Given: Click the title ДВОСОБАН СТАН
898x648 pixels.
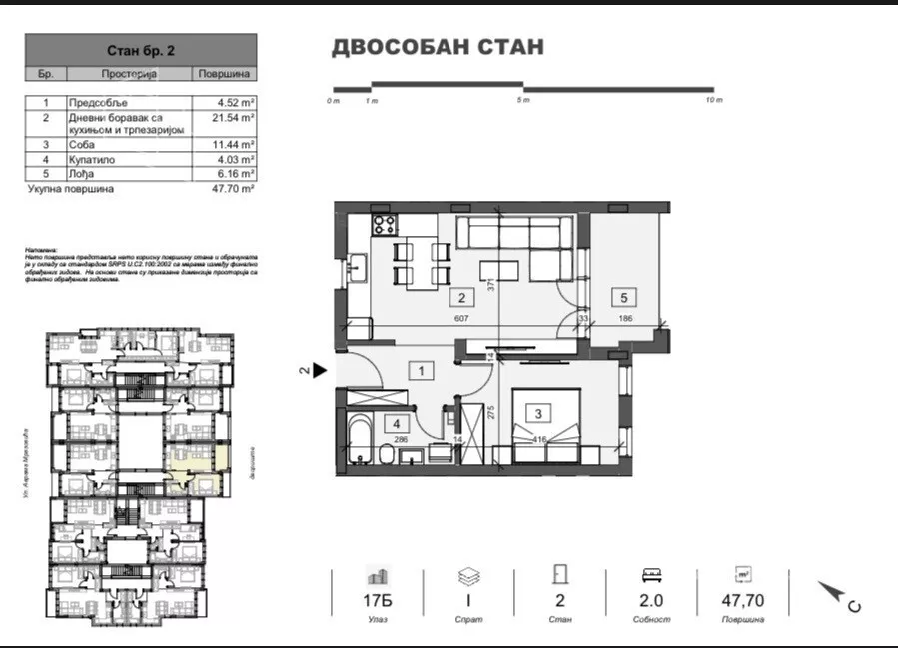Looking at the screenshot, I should pyautogui.click(x=438, y=47).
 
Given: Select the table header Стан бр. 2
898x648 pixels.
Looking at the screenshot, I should pyautogui.click(x=140, y=49).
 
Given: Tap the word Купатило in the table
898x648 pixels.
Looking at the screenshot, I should pyautogui.click(x=91, y=159).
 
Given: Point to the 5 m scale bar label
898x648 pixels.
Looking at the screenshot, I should pyautogui.click(x=523, y=101).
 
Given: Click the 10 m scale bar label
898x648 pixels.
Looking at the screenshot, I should pyautogui.click(x=712, y=101).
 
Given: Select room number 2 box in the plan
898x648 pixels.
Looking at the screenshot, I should pyautogui.click(x=461, y=297).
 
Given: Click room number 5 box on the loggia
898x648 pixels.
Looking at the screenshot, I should pyautogui.click(x=624, y=297).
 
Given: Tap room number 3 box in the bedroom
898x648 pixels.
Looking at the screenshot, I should pyautogui.click(x=539, y=413).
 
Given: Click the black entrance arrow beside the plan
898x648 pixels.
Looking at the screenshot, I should pyautogui.click(x=320, y=370).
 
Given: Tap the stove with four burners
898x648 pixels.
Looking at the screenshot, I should pyautogui.click(x=385, y=225).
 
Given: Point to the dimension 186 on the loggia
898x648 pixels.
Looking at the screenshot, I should pyautogui.click(x=624, y=321).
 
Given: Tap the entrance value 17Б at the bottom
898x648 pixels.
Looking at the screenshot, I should pyautogui.click(x=378, y=601).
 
